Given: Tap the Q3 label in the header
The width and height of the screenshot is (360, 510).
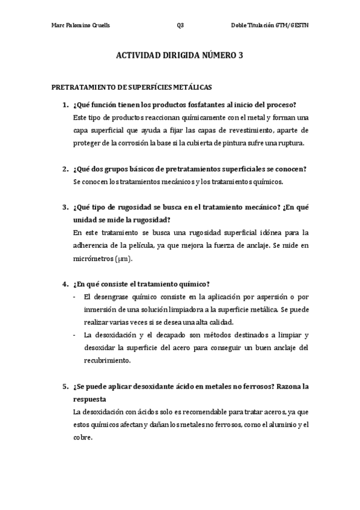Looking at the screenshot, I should pos(180,26).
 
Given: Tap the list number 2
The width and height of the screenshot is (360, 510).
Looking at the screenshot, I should pos(65,168).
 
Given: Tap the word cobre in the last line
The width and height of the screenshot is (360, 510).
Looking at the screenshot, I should pos(82,438).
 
